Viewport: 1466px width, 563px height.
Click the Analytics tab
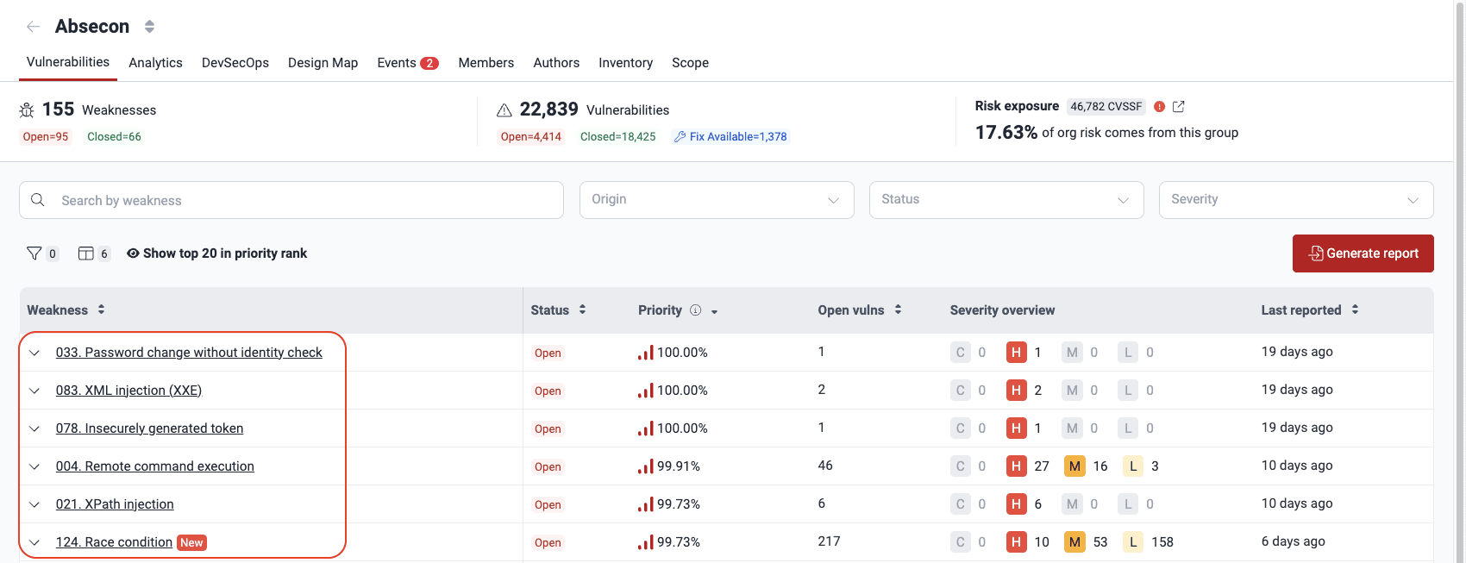click(155, 63)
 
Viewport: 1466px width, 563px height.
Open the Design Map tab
click(323, 63)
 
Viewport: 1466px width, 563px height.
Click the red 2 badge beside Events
click(429, 63)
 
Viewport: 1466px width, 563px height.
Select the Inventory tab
click(625, 63)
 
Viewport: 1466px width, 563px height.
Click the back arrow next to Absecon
click(34, 27)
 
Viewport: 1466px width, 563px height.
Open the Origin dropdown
click(717, 200)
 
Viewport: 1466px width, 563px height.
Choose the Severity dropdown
click(1295, 200)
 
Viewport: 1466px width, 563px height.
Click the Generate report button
click(1363, 253)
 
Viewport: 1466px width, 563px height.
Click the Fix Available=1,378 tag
click(730, 136)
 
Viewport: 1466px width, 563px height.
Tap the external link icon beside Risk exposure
click(1179, 107)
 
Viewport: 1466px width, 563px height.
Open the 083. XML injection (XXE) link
click(128, 391)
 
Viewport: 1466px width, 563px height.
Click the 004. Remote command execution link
click(155, 466)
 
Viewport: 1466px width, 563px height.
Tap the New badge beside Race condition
click(191, 542)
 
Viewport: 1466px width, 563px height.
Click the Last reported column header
click(1301, 310)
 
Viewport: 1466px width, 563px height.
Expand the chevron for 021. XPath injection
click(34, 504)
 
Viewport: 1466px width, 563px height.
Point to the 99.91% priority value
click(678, 466)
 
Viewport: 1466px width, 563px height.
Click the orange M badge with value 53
click(1074, 542)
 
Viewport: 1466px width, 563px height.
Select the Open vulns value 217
click(829, 541)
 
